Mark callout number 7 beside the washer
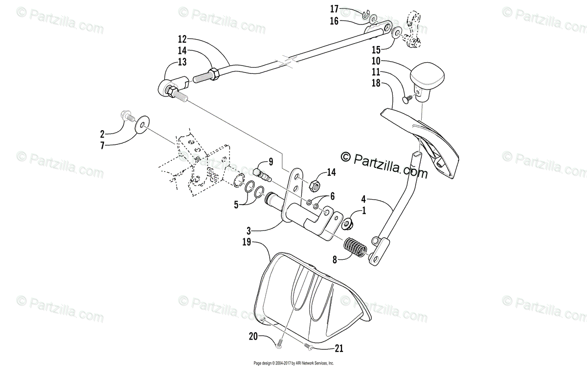coord(102,145)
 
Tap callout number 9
coord(270,161)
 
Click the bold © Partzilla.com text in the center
coord(384,164)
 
